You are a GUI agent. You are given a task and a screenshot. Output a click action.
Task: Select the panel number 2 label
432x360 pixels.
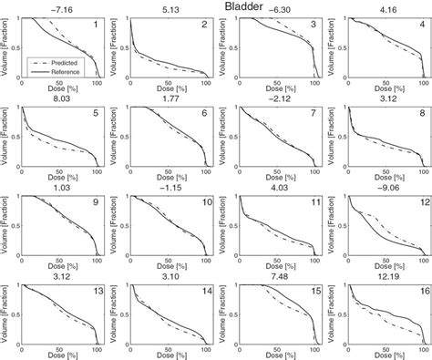tap(203, 26)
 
